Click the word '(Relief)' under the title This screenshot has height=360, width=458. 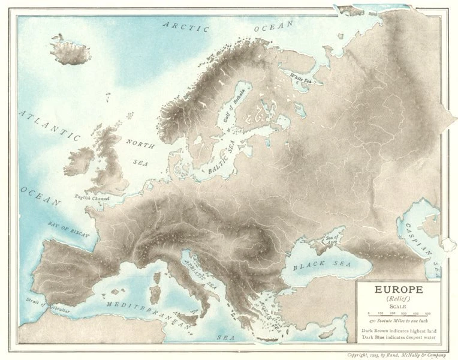tap(398, 298)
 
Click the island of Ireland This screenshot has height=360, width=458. tap(79, 162)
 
